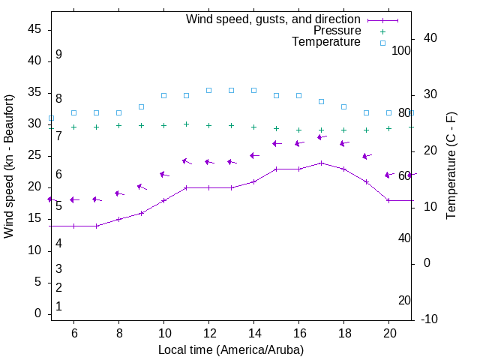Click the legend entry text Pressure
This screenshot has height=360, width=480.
(x=337, y=31)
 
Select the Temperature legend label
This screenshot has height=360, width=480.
(x=326, y=42)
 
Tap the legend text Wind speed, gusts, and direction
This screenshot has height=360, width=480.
(x=274, y=19)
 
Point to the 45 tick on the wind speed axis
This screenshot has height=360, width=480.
(x=34, y=29)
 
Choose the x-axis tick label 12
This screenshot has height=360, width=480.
(x=208, y=333)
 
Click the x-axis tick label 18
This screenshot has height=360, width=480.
(x=344, y=333)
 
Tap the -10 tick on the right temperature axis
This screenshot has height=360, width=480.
(x=430, y=319)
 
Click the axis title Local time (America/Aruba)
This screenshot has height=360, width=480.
(x=232, y=349)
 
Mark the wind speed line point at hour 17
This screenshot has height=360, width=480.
(x=322, y=163)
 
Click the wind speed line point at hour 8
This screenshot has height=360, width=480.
(x=118, y=219)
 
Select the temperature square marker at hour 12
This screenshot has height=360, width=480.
(x=208, y=90)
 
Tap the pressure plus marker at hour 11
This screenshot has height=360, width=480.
(x=186, y=124)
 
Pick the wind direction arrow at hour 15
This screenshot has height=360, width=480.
(x=277, y=143)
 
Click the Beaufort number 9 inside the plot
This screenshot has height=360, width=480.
(x=58, y=55)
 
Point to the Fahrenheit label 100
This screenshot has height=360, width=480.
(x=401, y=50)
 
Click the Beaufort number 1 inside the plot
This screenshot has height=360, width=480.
(x=58, y=306)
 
